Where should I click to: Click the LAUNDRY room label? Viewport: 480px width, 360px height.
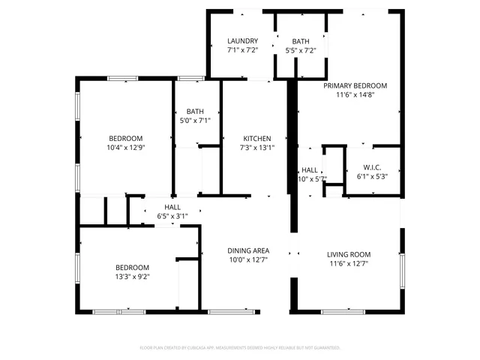click(243, 41)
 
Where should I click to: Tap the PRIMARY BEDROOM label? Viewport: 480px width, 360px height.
click(355, 85)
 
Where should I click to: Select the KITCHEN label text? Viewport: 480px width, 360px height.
click(256, 139)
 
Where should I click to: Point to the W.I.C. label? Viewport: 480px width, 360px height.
click(373, 167)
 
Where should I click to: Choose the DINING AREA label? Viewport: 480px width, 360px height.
click(248, 250)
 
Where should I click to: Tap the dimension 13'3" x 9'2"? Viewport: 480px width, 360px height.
click(131, 276)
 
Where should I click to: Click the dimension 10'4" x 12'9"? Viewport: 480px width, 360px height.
click(125, 147)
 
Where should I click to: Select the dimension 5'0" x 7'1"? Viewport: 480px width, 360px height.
click(195, 120)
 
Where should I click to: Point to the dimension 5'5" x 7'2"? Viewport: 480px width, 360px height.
click(300, 50)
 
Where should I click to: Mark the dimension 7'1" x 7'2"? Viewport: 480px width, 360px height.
click(243, 50)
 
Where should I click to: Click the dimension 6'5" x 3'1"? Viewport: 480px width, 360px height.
click(172, 216)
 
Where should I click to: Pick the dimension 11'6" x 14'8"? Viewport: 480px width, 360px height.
click(355, 94)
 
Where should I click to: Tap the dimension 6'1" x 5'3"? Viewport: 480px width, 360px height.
click(373, 176)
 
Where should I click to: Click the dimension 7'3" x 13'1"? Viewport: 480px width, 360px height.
click(256, 148)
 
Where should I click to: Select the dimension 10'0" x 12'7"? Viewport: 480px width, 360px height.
click(248, 259)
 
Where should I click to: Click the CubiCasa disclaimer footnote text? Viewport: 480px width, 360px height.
click(240, 348)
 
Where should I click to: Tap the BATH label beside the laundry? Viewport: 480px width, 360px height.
click(300, 41)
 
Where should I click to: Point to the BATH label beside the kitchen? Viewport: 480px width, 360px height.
click(195, 111)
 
